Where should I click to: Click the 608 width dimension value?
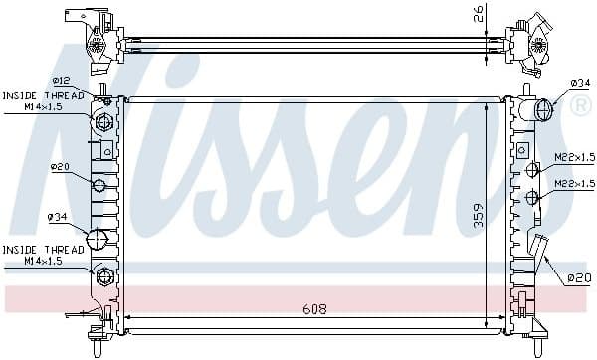tap(315, 309)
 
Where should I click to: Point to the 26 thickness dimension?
tap(479, 15)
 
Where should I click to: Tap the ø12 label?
tap(61, 82)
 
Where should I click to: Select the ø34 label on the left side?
tap(58, 216)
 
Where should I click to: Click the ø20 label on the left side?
tap(59, 167)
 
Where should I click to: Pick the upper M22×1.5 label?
tap(574, 157)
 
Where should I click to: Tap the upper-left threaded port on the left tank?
tap(103, 123)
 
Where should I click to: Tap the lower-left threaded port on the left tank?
tap(103, 274)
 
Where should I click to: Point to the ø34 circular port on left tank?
tap(98, 240)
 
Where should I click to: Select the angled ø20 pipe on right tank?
tap(540, 249)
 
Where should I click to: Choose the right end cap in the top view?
tap(531, 44)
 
